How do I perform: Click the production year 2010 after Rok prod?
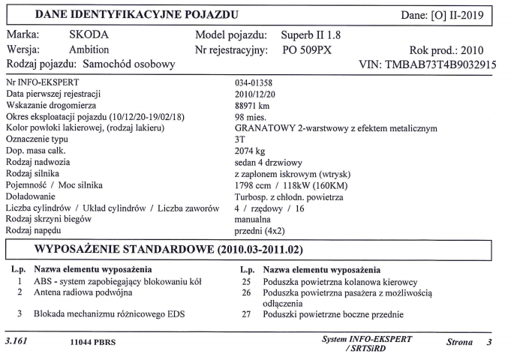coord(476,50)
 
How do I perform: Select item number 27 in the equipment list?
coord(245,315)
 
